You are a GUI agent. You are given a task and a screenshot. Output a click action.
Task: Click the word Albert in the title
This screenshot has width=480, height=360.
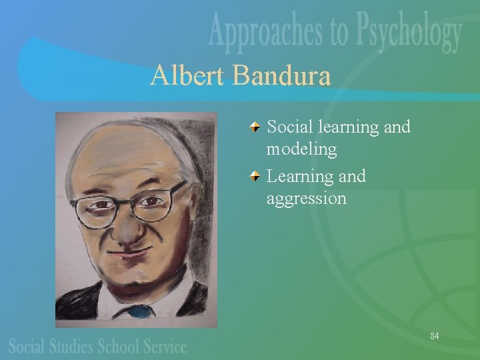[188, 77]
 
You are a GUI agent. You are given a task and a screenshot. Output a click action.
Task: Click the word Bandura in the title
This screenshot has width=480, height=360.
[282, 77]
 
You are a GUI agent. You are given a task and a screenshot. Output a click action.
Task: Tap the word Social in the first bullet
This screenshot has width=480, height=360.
[289, 127]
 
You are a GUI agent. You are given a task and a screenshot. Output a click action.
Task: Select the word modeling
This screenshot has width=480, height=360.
[301, 150]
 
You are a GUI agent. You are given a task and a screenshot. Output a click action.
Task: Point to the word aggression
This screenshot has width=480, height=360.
[306, 198]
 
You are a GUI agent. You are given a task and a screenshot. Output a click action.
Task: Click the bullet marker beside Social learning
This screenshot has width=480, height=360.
[256, 127]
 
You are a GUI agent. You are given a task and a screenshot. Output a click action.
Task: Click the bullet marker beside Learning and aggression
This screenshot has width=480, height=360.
[256, 176]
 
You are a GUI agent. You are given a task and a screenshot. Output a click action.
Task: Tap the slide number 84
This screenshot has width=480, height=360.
[434, 335]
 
